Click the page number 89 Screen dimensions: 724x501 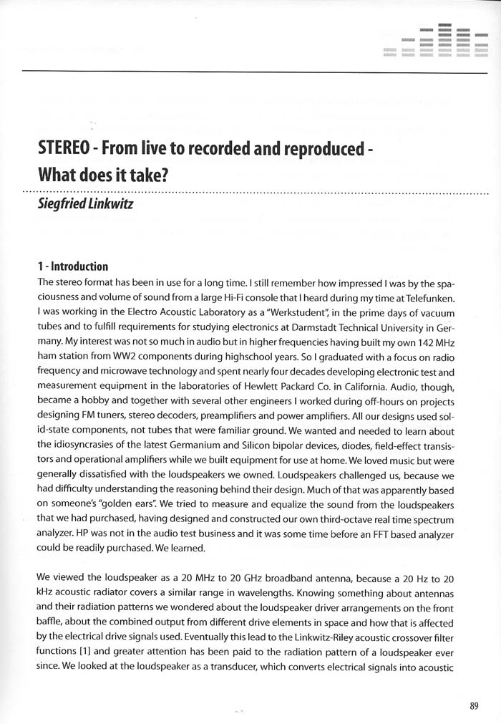coord(474,705)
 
